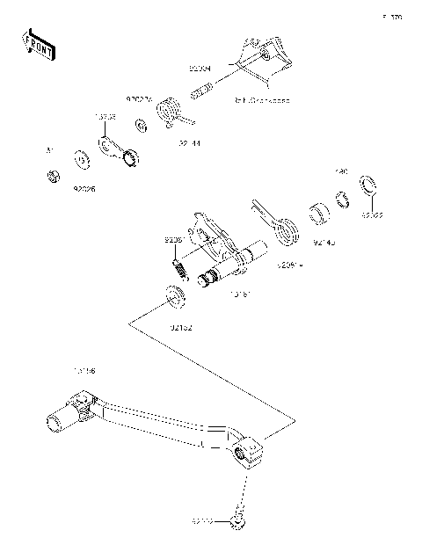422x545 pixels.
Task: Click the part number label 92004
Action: (200, 65)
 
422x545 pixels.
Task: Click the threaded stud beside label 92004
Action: (204, 89)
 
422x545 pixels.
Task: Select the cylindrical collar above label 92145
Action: (319, 214)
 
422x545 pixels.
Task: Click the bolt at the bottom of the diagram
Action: (236, 521)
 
